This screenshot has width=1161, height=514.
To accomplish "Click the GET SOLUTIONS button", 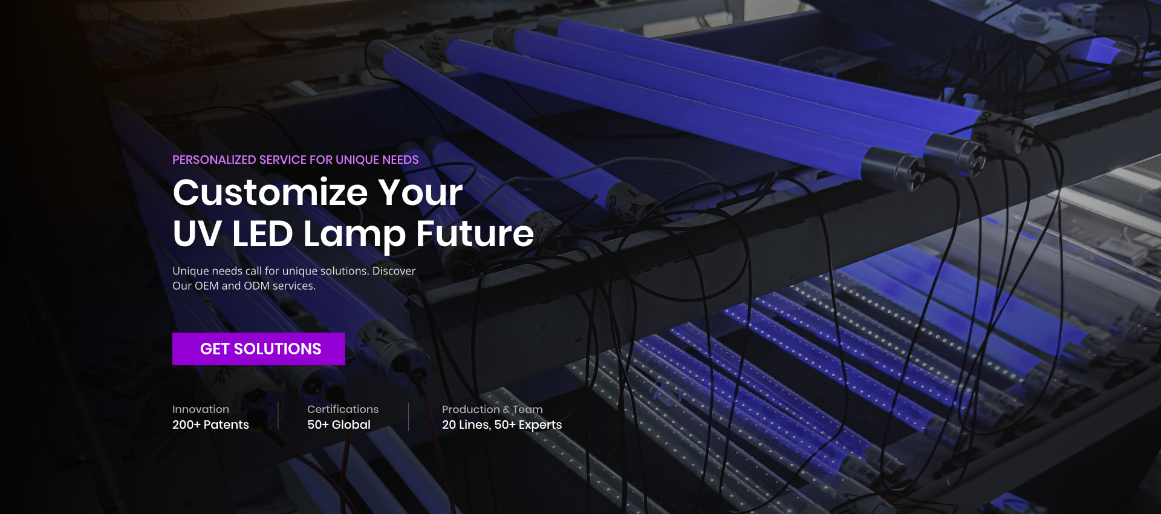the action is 259,349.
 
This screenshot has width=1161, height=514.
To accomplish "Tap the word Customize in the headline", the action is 270,193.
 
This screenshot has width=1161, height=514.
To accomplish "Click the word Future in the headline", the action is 475,233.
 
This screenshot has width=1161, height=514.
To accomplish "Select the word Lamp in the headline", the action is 354,236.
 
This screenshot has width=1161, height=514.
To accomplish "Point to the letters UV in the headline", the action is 197,234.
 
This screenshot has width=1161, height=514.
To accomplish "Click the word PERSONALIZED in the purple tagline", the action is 214,160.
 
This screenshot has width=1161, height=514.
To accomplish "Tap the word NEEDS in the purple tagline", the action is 400,160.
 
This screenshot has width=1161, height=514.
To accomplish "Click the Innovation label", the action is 201,409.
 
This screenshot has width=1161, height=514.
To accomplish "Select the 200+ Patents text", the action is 210,425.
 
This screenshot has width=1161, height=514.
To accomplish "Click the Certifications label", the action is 343,409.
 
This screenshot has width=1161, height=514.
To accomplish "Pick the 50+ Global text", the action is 339,425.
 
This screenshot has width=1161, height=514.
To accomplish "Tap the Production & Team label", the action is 492,409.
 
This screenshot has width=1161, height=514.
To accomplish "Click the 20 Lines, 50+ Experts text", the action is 502,425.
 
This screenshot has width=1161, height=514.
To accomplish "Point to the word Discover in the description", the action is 394,271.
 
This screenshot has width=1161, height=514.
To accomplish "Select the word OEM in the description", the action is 206,285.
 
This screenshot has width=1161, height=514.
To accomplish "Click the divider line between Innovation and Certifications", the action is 278,417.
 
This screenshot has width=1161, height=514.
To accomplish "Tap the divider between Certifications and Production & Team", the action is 408,417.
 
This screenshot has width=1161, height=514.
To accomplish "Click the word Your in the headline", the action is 421,193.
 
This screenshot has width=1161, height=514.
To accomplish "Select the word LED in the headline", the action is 263,234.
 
